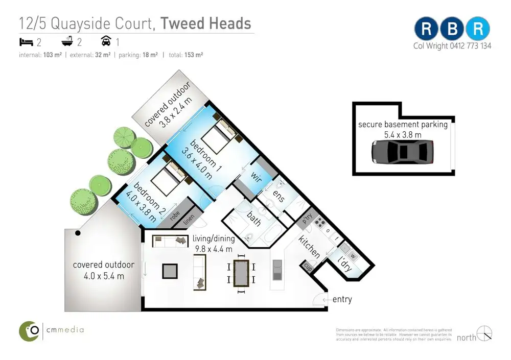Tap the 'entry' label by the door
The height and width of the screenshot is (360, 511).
coord(342,299)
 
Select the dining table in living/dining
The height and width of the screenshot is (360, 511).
coord(240,273)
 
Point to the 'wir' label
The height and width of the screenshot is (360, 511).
coord(257,177)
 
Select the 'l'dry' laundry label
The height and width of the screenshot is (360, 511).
coord(346,262)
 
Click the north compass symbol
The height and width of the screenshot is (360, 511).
coord(484,333)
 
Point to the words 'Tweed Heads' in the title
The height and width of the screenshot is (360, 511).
coord(205,23)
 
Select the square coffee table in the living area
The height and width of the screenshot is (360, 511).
coord(170,271)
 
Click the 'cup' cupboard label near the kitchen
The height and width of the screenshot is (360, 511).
coord(309,266)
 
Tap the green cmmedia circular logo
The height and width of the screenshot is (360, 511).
coord(30,330)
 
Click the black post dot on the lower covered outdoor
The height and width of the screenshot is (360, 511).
coord(78,233)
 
